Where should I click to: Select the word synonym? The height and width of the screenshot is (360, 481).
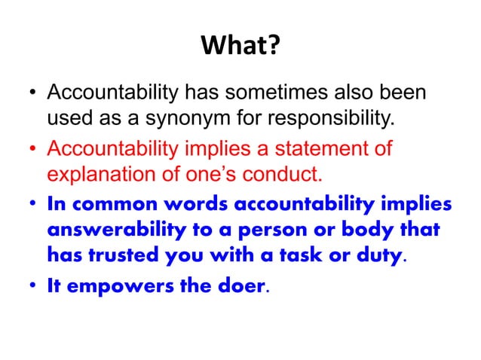[170, 119]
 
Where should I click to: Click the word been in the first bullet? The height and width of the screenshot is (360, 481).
[408, 96]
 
